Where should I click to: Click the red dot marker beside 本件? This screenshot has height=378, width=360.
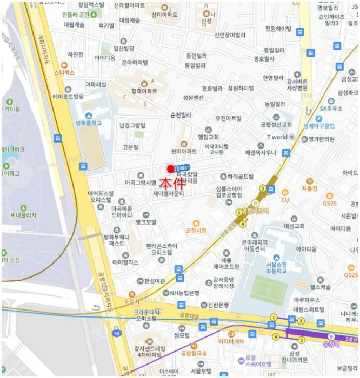click(x=171, y=168)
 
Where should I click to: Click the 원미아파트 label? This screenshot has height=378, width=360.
click(x=184, y=152)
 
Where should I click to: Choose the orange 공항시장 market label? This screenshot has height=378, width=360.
click(x=196, y=230)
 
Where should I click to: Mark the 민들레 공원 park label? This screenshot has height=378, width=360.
click(x=79, y=15)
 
